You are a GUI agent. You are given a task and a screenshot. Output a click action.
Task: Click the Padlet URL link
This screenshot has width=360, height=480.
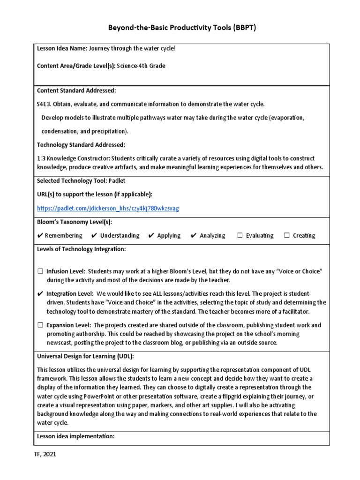108,208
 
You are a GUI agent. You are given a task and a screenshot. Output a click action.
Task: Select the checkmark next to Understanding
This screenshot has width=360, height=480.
94,235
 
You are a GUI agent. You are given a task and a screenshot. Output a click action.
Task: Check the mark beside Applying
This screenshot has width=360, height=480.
151,235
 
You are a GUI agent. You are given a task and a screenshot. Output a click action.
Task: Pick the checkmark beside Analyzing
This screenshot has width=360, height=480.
194,235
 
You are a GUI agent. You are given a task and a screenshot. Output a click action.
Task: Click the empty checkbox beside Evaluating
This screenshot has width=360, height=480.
240,235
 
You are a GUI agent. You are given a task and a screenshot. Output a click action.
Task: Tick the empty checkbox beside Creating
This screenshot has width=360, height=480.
286,235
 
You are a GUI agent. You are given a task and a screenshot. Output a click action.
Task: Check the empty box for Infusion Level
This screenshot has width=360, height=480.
40,271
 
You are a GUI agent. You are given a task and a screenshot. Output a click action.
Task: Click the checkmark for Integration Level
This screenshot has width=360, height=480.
40,293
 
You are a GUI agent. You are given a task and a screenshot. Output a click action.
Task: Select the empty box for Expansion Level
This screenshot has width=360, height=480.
40,325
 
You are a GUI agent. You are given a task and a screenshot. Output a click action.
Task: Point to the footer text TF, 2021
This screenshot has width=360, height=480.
47,454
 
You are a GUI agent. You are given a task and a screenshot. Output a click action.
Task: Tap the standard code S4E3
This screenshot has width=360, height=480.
45,104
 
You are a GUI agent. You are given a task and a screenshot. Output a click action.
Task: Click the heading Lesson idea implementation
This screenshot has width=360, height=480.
75,436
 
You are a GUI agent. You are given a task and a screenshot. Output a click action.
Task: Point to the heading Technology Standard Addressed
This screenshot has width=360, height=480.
81,144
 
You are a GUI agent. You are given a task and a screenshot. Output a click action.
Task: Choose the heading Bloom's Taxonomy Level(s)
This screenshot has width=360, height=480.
74,222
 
